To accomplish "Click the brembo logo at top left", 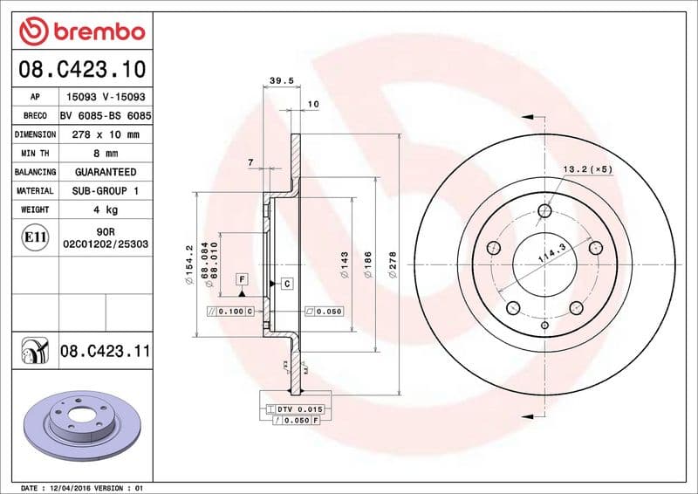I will coord(81,32).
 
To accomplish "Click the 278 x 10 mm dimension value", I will coord(105,134).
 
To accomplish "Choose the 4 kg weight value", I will coord(105,209).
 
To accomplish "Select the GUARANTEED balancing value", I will coord(105,172).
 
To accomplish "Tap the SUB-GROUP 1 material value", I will coord(105,190).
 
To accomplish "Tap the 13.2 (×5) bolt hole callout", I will coord(586,168).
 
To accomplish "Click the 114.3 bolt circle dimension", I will coord(551,253).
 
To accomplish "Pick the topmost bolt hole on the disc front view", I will coord(545,210).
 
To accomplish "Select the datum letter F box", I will coord(242,278).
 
